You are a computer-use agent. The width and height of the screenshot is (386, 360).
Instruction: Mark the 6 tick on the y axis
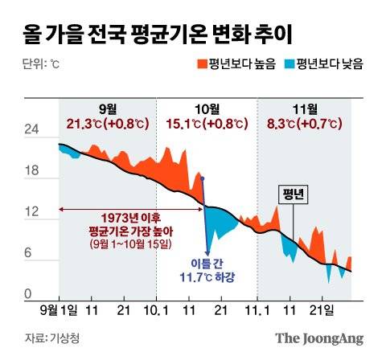[x=31, y=253]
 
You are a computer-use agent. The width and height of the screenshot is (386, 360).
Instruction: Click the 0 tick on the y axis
[x=31, y=295]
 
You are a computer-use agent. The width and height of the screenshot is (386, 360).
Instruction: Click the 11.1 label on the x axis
[x=257, y=309]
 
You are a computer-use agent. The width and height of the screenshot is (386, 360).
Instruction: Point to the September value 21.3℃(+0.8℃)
[x=107, y=124]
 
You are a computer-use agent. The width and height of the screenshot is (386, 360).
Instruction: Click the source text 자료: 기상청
[x=47, y=337]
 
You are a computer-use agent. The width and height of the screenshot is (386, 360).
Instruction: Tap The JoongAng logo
[x=320, y=338]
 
